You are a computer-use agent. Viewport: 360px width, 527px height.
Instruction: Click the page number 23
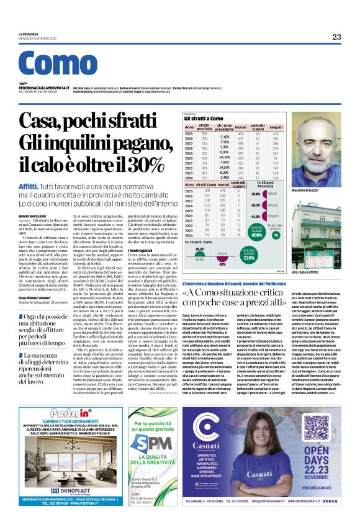336,37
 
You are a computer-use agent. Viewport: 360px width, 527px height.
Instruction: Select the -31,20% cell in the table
223,158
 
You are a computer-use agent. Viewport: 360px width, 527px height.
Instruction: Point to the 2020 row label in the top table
207,158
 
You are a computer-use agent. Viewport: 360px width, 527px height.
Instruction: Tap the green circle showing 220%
249,257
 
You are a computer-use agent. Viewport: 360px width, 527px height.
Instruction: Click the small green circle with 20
276,235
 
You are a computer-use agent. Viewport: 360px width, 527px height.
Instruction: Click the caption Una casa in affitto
322,272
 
